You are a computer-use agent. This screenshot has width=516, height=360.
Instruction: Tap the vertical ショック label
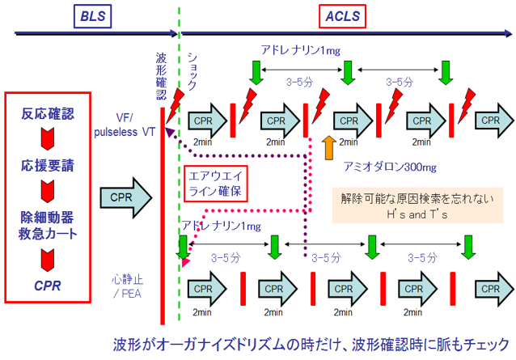tap(192, 70)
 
